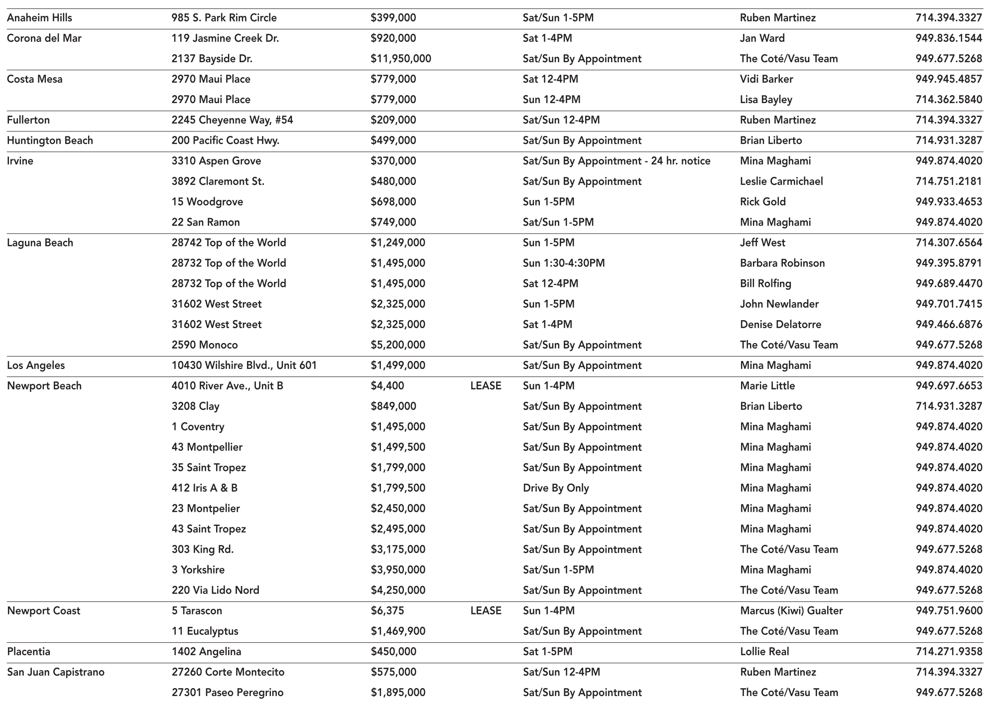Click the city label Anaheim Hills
[x=39, y=18]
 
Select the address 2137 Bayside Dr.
[x=212, y=59]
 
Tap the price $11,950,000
[x=400, y=59]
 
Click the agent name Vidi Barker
[x=766, y=79]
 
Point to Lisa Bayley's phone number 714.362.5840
[x=948, y=100]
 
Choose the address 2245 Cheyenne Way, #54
[x=232, y=120]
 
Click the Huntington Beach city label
[x=50, y=140]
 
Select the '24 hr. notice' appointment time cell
[x=616, y=161]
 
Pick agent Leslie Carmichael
[x=781, y=181]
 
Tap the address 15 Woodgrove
[x=207, y=202]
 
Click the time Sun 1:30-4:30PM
[x=563, y=263]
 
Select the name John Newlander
[x=779, y=304]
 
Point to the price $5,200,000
[x=397, y=345]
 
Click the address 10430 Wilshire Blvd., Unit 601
[x=244, y=365]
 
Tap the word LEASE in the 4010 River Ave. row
[x=486, y=386]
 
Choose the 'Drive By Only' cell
[x=556, y=488]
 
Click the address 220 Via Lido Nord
[x=215, y=590]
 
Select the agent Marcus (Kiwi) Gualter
[x=791, y=610]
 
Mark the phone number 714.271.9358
[x=948, y=651]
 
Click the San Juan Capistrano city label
[x=56, y=672]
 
